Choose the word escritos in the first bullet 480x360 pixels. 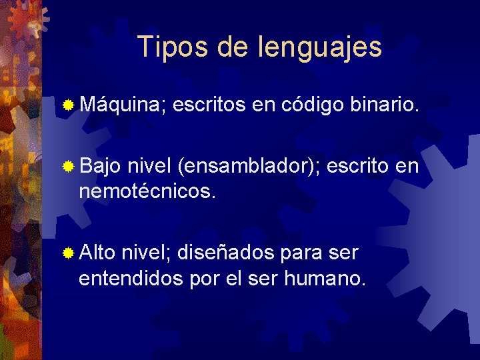coord(211,104)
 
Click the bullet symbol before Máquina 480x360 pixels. coord(68,105)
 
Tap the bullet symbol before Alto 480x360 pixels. coord(68,253)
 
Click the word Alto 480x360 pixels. coord(97,253)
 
